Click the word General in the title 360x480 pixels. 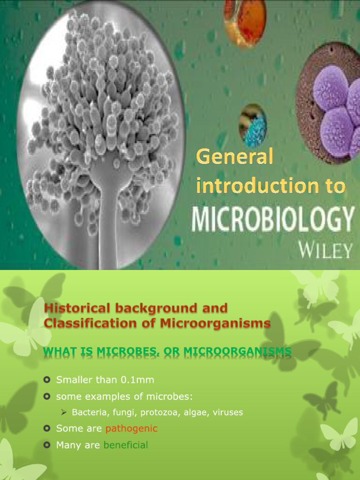tap(234, 157)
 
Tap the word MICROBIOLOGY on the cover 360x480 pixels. tap(272, 219)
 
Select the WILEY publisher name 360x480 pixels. tap(326, 251)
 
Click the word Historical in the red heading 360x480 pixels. tap(75, 308)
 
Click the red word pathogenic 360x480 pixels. tap(131, 428)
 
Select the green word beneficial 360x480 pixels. tap(126, 445)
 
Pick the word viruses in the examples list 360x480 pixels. tap(228, 412)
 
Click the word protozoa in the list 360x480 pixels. tap(157, 412)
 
